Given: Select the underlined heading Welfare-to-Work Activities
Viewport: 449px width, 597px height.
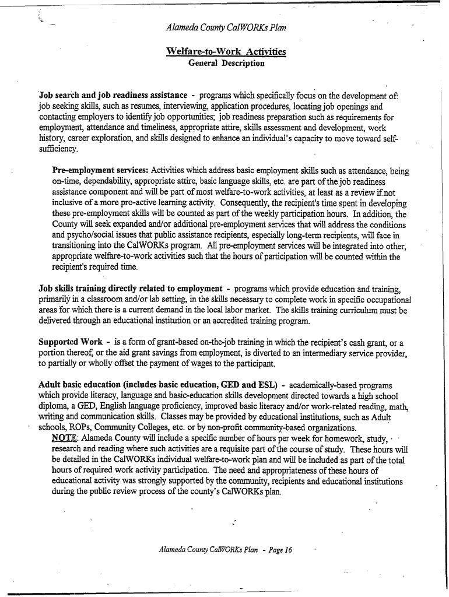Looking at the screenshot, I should click(226, 52).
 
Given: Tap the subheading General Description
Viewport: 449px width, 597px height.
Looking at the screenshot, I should click(226, 63).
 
